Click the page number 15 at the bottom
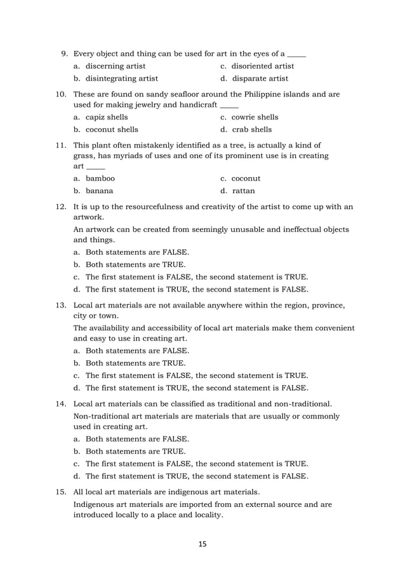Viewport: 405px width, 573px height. click(x=202, y=544)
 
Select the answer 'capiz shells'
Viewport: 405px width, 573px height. click(x=107, y=117)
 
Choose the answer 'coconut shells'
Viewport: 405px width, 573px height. click(x=112, y=130)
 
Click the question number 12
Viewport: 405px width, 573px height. click(x=62, y=206)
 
